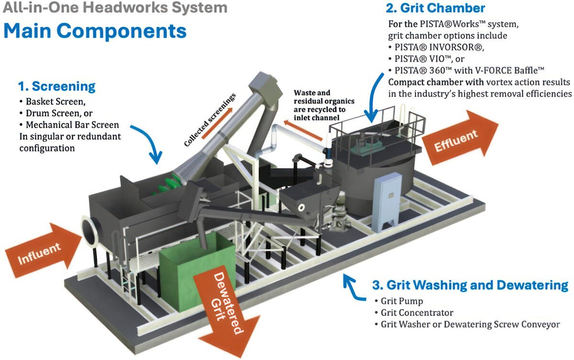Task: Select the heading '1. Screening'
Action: tap(57, 87)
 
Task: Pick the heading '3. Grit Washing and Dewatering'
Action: tap(470, 286)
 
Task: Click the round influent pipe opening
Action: tap(90, 229)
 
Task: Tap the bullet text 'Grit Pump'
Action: tap(402, 301)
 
